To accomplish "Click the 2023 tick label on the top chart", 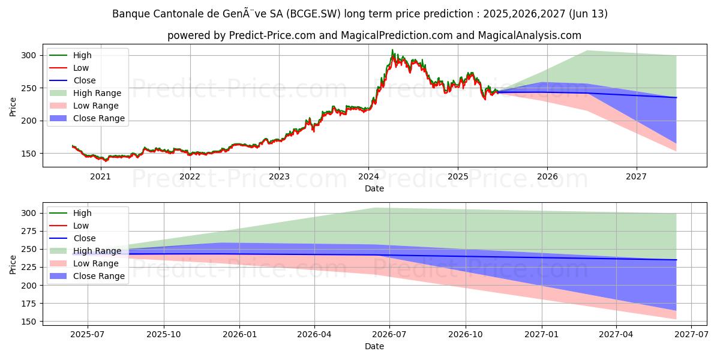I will tap(279, 176).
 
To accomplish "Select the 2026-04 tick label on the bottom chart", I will tap(314, 335).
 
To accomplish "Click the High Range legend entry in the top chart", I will tap(97, 93).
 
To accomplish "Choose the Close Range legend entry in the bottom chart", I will tap(98, 276).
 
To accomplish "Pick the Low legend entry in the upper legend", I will tap(82, 68).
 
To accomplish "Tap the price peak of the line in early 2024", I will tap(392, 50).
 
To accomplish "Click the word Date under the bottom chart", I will tap(374, 346).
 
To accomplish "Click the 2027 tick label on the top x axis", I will tap(637, 176).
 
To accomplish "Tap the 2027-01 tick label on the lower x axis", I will tap(542, 335).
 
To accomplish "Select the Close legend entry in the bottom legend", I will tap(84, 238).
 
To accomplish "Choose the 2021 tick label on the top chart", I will tap(100, 176).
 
